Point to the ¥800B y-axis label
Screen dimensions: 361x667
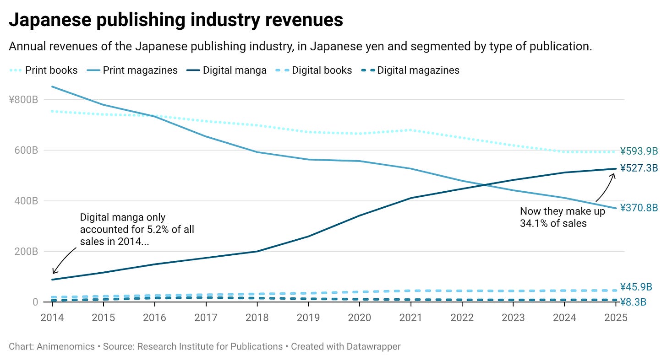[x=23, y=100]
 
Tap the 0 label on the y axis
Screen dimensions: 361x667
[x=35, y=302]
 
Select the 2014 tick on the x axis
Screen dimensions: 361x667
[x=52, y=318]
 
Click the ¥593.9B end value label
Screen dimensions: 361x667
[x=639, y=151]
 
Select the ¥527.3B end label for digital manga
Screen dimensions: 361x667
[x=639, y=168]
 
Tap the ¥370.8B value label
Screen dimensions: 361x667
[x=639, y=208]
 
